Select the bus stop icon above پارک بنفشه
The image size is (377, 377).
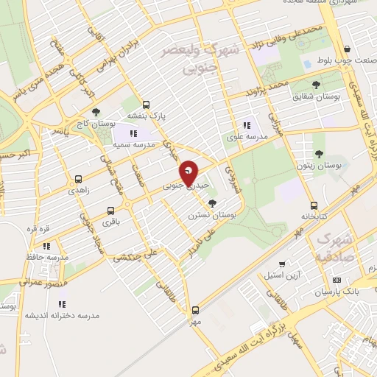[x=146, y=105]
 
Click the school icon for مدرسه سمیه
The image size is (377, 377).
[x=133, y=133]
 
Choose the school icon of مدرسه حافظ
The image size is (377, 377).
[x=46, y=246]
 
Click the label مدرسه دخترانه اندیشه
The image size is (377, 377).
[x=62, y=315]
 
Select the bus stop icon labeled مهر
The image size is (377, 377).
[x=195, y=310]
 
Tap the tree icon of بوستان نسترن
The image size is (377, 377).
[x=213, y=203]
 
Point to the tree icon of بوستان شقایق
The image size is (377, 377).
[x=316, y=85]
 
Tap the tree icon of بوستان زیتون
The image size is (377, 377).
[x=319, y=153]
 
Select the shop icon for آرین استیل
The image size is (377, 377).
[x=281, y=264]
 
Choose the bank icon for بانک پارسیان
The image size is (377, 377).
[x=337, y=280]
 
